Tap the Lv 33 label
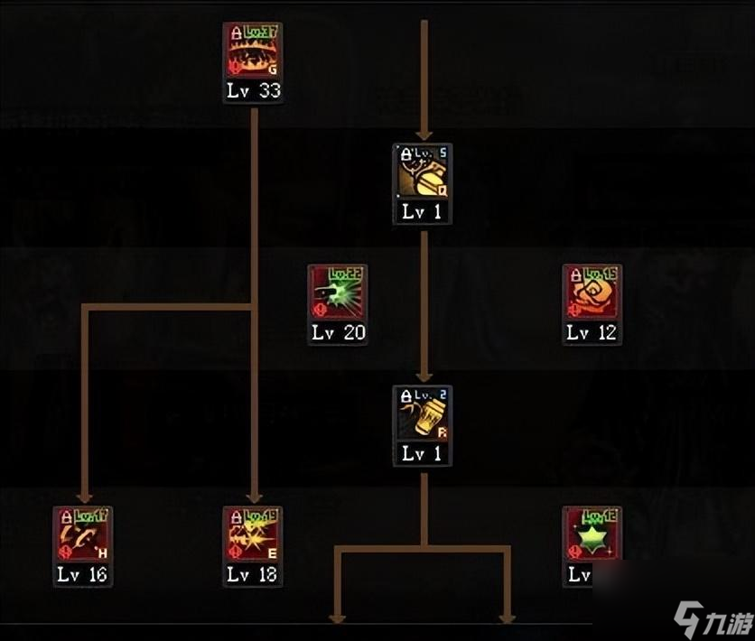[x=253, y=91]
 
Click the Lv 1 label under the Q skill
[x=423, y=212]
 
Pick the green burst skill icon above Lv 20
[x=338, y=293]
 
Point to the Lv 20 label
[x=338, y=332]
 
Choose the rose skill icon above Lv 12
[x=592, y=293]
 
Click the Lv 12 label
[x=592, y=332]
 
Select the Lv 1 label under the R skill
[x=423, y=454]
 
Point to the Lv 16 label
[x=83, y=574]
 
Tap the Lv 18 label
[x=253, y=574]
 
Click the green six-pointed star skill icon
[x=592, y=535]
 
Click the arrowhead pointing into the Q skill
[x=423, y=134]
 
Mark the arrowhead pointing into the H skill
[x=84, y=497]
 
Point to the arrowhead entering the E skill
[x=254, y=497]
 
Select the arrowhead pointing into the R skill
[x=423, y=376]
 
